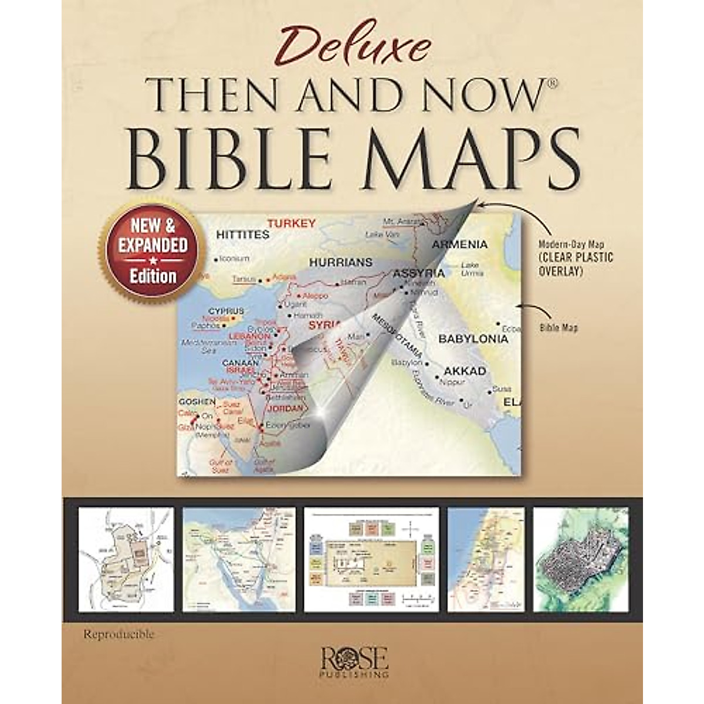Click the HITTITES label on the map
(242, 235)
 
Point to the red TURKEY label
(292, 223)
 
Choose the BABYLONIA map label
(473, 339)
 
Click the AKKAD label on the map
(465, 371)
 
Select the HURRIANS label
(340, 262)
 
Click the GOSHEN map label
(197, 401)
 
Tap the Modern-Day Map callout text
(576, 257)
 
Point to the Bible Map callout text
(559, 328)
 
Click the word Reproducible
(119, 634)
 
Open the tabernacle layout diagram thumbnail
(371, 560)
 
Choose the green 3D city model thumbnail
(581, 560)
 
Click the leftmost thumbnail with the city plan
(126, 560)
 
